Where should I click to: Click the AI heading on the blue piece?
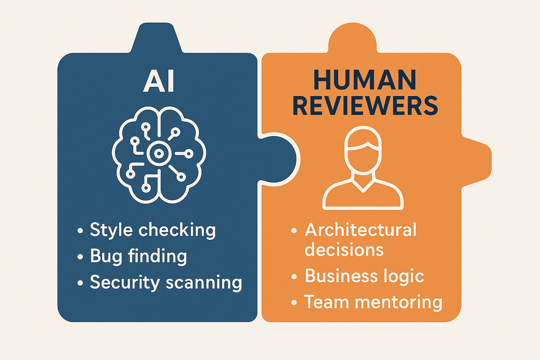coord(159,81)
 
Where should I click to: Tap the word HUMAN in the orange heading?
coord(365,80)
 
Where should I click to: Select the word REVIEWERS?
coord(365,105)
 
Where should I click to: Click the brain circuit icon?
coord(159,155)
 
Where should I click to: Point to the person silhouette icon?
coord(363,168)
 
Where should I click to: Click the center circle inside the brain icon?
coord(159,153)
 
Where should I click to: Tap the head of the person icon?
coord(363,150)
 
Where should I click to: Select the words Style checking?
coord(153,230)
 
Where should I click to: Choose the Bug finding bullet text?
coord(139,256)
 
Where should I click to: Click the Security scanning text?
coord(166,282)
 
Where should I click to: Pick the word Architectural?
coord(361,230)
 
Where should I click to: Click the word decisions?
coord(344,249)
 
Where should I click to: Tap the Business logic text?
coord(364,276)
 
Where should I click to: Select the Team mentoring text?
coord(373,302)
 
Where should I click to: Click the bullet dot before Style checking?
coord(80,231)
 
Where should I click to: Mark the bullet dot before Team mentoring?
coord(294,302)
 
